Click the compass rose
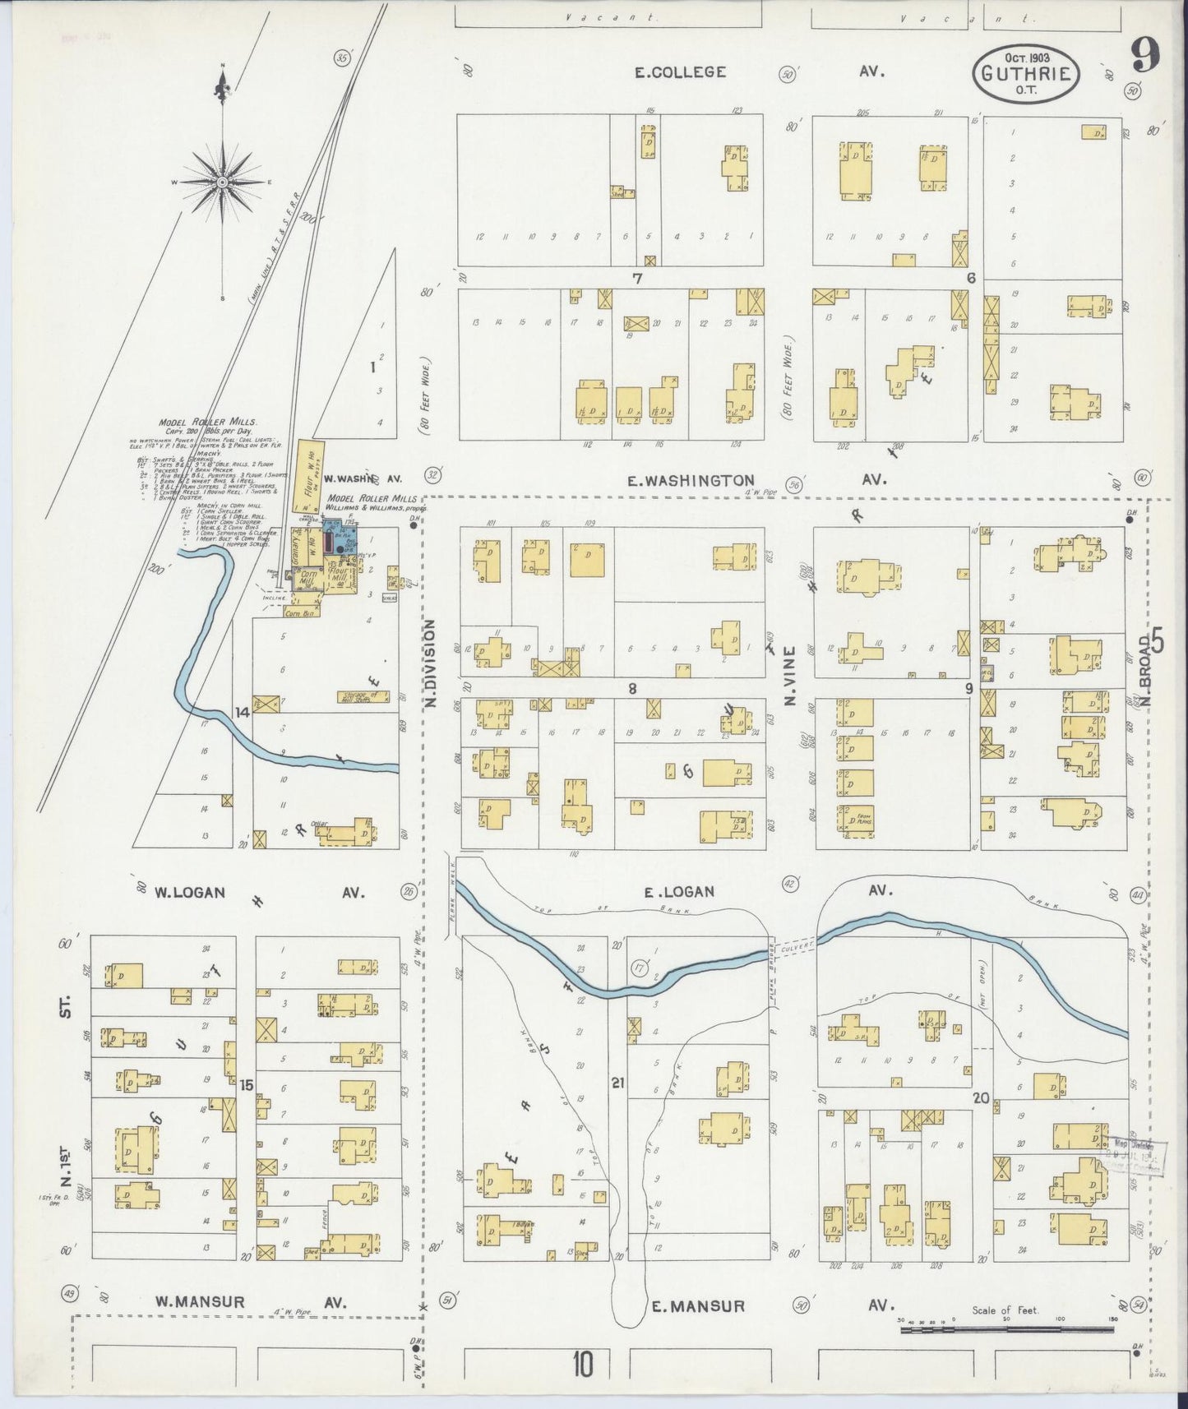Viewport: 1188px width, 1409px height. tap(223, 180)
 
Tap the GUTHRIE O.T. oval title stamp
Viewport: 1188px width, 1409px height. tap(1024, 72)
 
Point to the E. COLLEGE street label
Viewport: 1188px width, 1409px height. tap(680, 72)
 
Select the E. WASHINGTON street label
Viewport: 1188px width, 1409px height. tap(690, 480)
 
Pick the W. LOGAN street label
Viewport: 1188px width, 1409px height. tap(189, 892)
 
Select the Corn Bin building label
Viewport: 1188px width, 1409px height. tap(298, 612)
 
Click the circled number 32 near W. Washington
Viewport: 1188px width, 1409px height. tap(432, 474)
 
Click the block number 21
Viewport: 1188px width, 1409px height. tap(617, 1083)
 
